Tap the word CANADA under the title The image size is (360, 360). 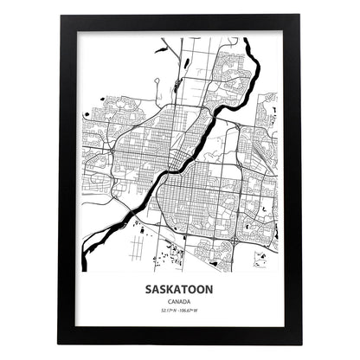(180, 303)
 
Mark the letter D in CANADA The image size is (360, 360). (185, 303)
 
